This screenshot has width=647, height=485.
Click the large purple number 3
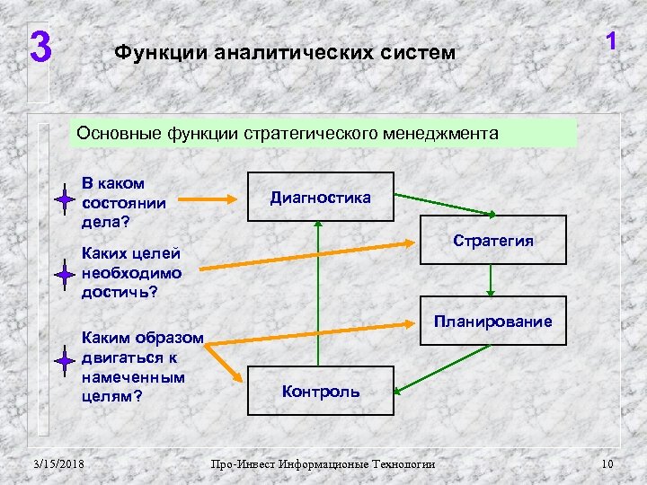coord(40,48)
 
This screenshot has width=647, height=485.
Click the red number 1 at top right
coord(611,42)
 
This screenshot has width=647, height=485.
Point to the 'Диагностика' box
coord(321,197)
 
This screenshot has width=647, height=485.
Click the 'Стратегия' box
coord(494,241)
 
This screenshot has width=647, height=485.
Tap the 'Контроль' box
coord(321,391)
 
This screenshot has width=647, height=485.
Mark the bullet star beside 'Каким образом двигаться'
coord(64,362)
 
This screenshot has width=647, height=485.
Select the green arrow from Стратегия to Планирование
coord(490,280)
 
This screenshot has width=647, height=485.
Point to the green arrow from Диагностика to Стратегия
coord(440,203)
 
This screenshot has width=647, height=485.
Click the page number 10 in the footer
coord(607,463)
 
